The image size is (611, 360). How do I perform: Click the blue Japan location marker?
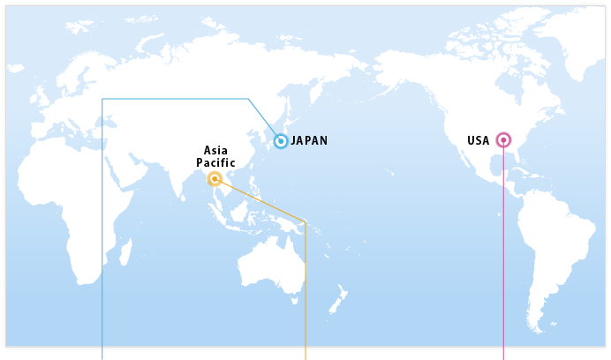tap(281, 141)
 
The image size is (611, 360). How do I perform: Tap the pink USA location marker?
tap(503, 139)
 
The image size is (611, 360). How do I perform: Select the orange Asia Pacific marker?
tap(215, 179)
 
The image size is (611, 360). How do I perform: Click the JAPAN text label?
tap(309, 141)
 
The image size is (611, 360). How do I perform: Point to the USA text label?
tap(478, 140)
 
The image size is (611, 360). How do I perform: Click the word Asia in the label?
tap(215, 151)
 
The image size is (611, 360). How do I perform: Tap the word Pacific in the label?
tap(215, 163)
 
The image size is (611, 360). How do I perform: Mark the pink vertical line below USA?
tap(503, 265)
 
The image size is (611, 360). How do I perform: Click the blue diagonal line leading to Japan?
tap(263, 118)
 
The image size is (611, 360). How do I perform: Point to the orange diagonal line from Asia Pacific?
tap(260, 200)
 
